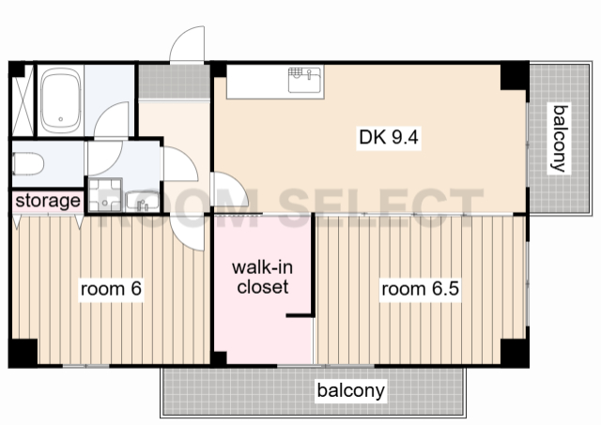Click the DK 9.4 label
(x=389, y=137)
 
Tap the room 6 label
(x=111, y=288)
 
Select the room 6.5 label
(x=420, y=288)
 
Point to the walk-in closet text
(x=263, y=277)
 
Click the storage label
(x=48, y=201)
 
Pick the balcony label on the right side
(x=560, y=138)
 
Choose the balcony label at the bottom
(x=350, y=390)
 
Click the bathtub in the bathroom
(x=61, y=100)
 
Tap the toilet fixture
(x=27, y=164)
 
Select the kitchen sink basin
(x=304, y=80)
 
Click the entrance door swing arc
(x=187, y=44)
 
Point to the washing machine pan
(x=104, y=195)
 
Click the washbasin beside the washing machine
(x=142, y=200)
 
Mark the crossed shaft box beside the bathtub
(x=23, y=100)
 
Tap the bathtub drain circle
(x=60, y=119)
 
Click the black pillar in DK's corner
(x=515, y=75)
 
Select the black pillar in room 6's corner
(x=23, y=352)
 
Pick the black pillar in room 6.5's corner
(x=515, y=353)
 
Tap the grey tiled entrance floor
(x=175, y=82)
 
